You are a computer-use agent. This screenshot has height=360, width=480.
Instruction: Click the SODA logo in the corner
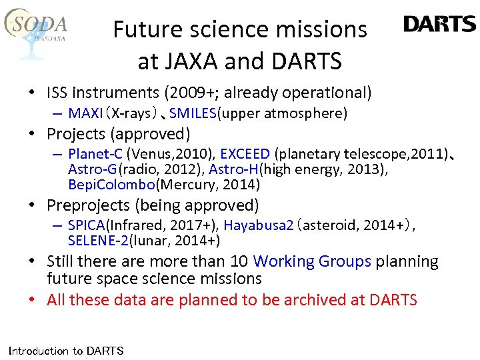[37, 30]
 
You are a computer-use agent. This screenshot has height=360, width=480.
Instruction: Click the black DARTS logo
[439, 25]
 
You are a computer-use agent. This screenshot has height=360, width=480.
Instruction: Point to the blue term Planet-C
[95, 155]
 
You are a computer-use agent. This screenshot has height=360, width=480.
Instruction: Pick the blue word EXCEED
[245, 155]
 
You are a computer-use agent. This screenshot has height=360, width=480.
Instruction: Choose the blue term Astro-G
[93, 169]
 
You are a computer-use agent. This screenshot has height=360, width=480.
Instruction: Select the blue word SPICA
[87, 226]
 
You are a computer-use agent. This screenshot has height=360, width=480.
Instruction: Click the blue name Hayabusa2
[259, 226]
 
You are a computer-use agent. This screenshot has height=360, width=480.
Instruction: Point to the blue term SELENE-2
[98, 241]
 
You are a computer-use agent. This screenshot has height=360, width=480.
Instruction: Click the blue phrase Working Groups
[312, 262]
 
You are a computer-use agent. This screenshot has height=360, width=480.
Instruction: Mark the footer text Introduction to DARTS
[65, 351]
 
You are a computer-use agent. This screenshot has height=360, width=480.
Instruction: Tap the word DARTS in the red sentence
[393, 300]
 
